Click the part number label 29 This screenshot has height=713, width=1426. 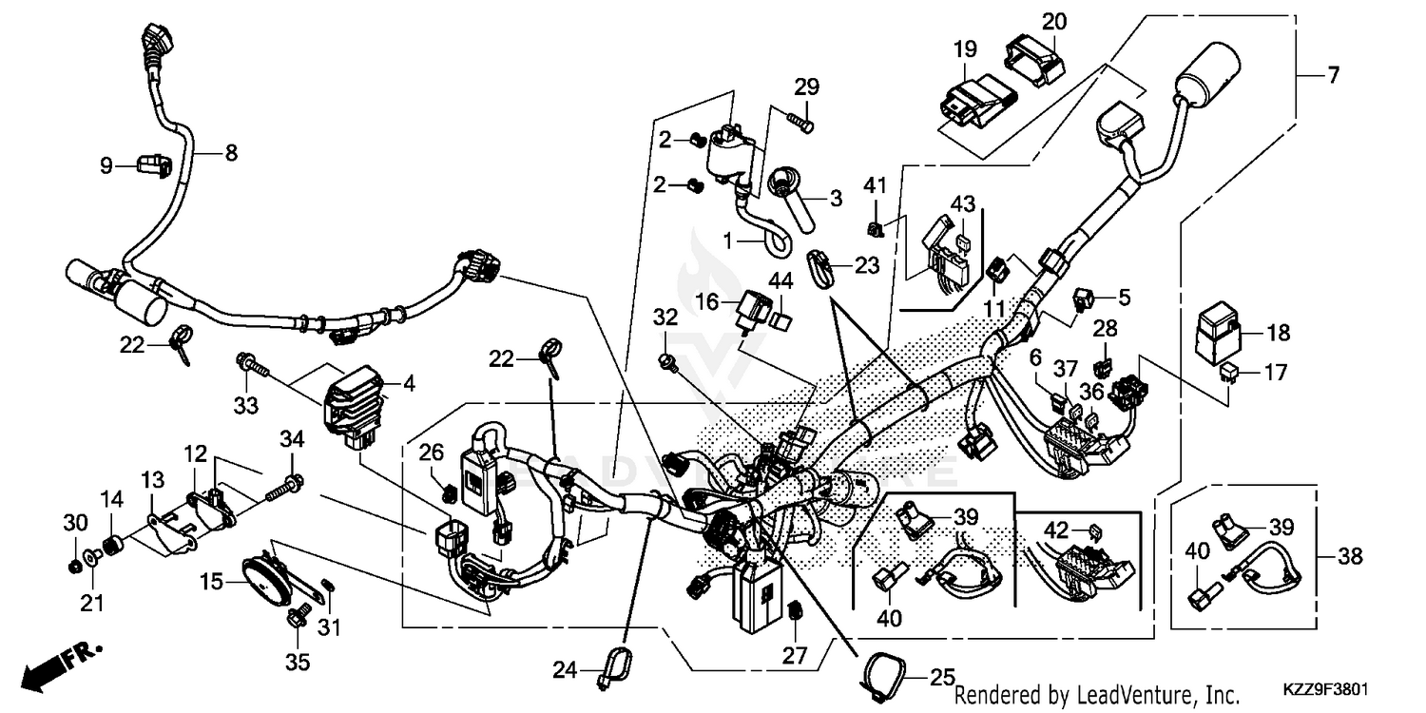[x=807, y=87]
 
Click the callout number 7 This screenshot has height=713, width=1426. [x=1333, y=74]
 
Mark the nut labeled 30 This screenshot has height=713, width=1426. [x=75, y=567]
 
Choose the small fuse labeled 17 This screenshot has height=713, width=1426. [x=1233, y=373]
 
